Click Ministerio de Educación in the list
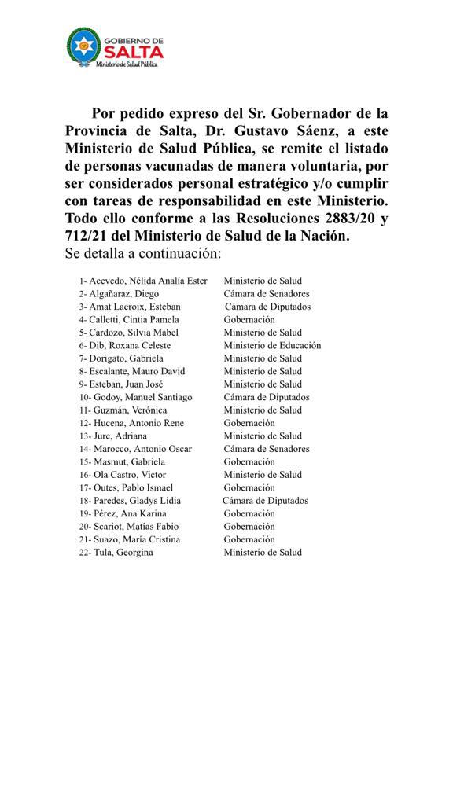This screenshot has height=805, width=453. pos(272,345)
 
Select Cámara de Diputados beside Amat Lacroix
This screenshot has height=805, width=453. pos(267,307)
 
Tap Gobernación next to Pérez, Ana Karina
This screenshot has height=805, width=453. pos(249,513)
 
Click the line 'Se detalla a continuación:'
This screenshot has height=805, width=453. pos(143,254)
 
